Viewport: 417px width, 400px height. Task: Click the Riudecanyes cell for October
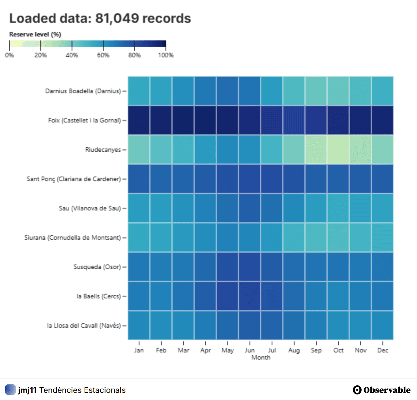(x=338, y=150)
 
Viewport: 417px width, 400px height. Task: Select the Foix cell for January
(x=139, y=120)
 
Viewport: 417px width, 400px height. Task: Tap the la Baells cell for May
(x=228, y=296)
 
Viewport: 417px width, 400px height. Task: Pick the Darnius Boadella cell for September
(x=316, y=91)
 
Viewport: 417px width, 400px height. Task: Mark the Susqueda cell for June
(x=250, y=267)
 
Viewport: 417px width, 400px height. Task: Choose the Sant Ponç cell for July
(x=272, y=179)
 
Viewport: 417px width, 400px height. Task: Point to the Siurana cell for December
(x=383, y=237)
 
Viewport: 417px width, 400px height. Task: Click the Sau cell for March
(x=183, y=208)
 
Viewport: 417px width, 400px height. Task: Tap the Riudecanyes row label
(x=103, y=150)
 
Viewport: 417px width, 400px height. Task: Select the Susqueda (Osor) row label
(x=97, y=267)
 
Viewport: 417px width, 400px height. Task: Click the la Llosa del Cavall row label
(x=84, y=326)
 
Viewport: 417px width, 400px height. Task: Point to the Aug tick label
(x=294, y=350)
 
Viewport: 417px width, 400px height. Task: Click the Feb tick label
(x=161, y=350)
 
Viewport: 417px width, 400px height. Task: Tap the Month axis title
(x=261, y=357)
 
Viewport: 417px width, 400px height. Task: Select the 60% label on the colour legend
(x=103, y=55)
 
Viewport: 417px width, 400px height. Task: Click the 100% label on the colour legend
(x=166, y=55)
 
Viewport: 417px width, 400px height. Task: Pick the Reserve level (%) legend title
(x=35, y=34)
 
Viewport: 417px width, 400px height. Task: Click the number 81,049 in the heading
(x=117, y=18)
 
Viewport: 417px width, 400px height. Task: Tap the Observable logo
(x=381, y=390)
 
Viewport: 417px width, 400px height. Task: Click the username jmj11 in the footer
(x=27, y=390)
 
